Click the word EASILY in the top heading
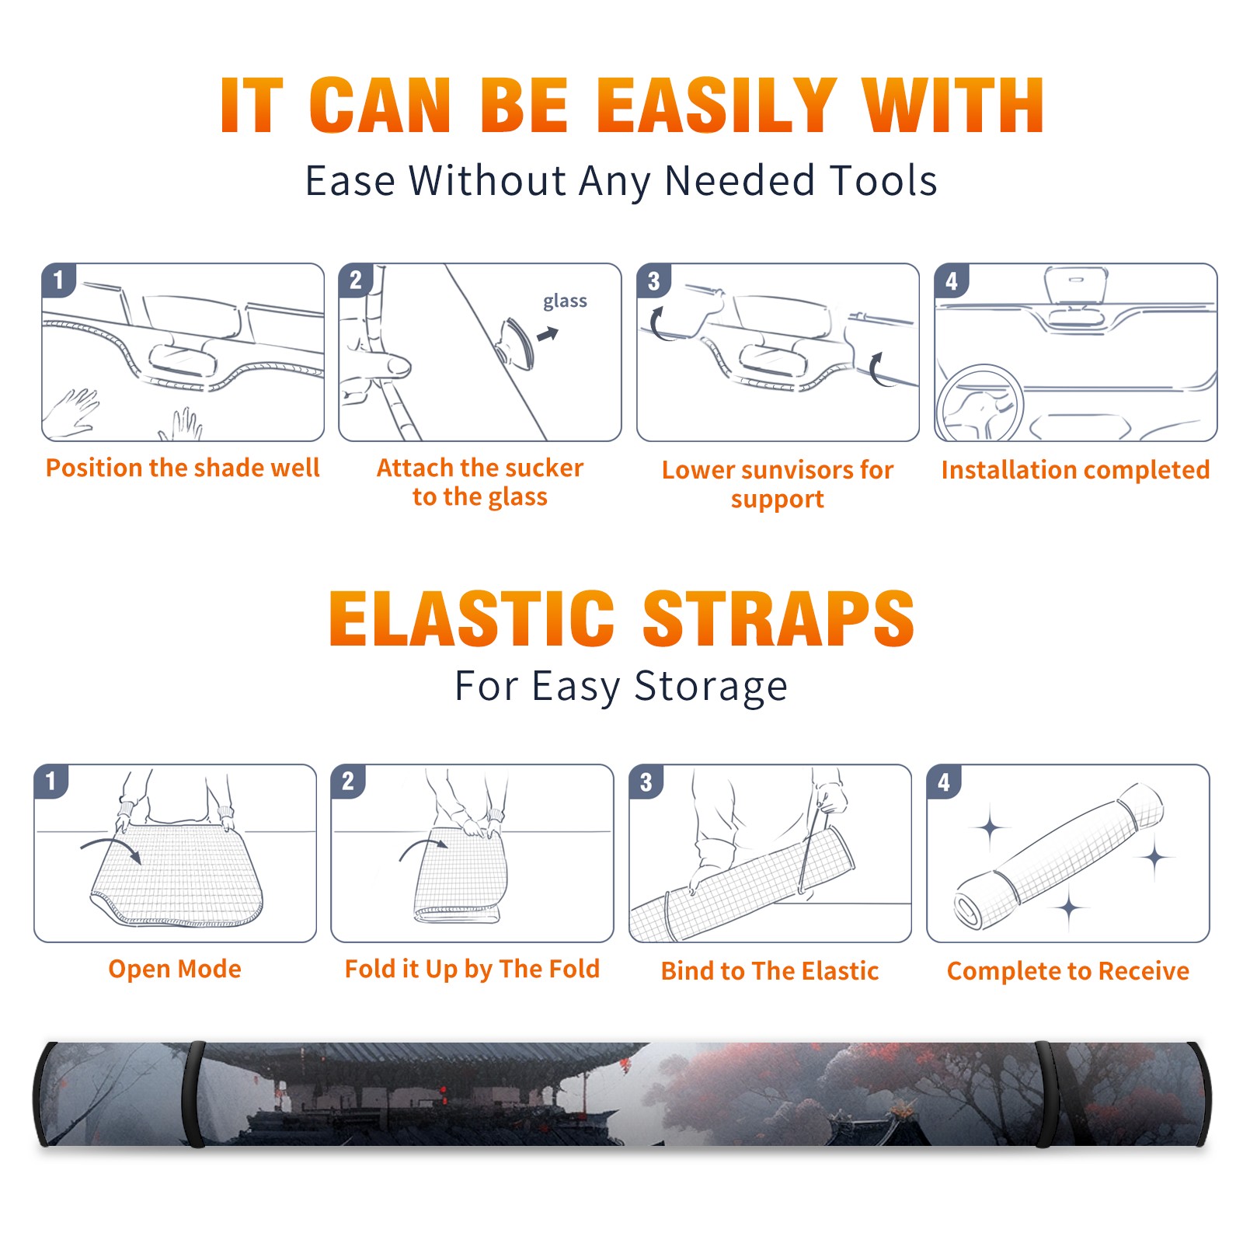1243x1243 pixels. [x=716, y=106]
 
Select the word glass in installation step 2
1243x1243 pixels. [x=565, y=301]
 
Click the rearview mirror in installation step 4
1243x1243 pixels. [x=1076, y=284]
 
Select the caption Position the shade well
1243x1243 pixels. [x=183, y=468]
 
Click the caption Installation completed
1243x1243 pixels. [x=1075, y=469]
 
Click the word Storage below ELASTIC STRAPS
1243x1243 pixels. [x=711, y=687]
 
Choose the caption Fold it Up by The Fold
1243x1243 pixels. [x=472, y=969]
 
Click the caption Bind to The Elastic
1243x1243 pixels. [x=770, y=970]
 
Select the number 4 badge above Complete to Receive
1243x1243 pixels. [x=944, y=782]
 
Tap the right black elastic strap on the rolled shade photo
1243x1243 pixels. [x=1046, y=1095]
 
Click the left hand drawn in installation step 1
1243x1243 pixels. [x=71, y=413]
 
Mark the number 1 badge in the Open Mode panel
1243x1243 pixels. [x=51, y=782]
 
